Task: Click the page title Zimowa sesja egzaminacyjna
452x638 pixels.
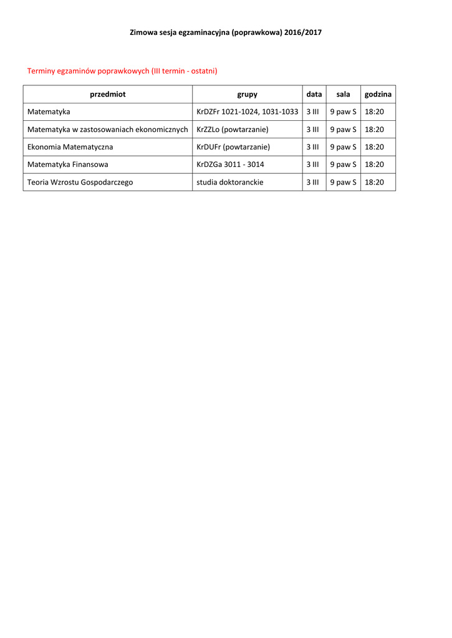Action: click(x=226, y=32)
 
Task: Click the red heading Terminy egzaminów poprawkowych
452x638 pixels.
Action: click(x=122, y=71)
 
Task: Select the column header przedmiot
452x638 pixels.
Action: click(x=108, y=94)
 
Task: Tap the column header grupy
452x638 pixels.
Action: click(x=247, y=94)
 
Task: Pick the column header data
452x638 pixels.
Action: click(x=314, y=94)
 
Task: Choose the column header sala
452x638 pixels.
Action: click(x=343, y=94)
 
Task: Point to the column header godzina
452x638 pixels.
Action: click(x=378, y=94)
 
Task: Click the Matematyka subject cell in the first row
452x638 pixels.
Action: click(x=49, y=112)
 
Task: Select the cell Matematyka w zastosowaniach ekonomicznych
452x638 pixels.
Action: click(x=107, y=130)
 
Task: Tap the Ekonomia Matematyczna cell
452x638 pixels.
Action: click(x=70, y=147)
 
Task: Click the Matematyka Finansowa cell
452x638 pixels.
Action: click(x=68, y=164)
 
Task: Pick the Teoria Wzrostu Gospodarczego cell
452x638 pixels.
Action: click(x=80, y=183)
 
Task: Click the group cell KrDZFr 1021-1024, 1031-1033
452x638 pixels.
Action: click(x=247, y=112)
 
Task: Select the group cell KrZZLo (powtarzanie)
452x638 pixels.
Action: click(x=232, y=130)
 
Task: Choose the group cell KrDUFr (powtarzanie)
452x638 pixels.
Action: click(x=233, y=147)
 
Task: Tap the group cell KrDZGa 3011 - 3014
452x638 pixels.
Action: click(x=230, y=164)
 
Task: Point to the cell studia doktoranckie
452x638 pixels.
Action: click(x=229, y=183)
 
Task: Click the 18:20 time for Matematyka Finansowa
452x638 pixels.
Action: click(x=374, y=164)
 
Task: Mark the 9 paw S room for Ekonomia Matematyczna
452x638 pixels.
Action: click(x=343, y=147)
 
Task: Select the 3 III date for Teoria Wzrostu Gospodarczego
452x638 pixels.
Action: click(x=313, y=183)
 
